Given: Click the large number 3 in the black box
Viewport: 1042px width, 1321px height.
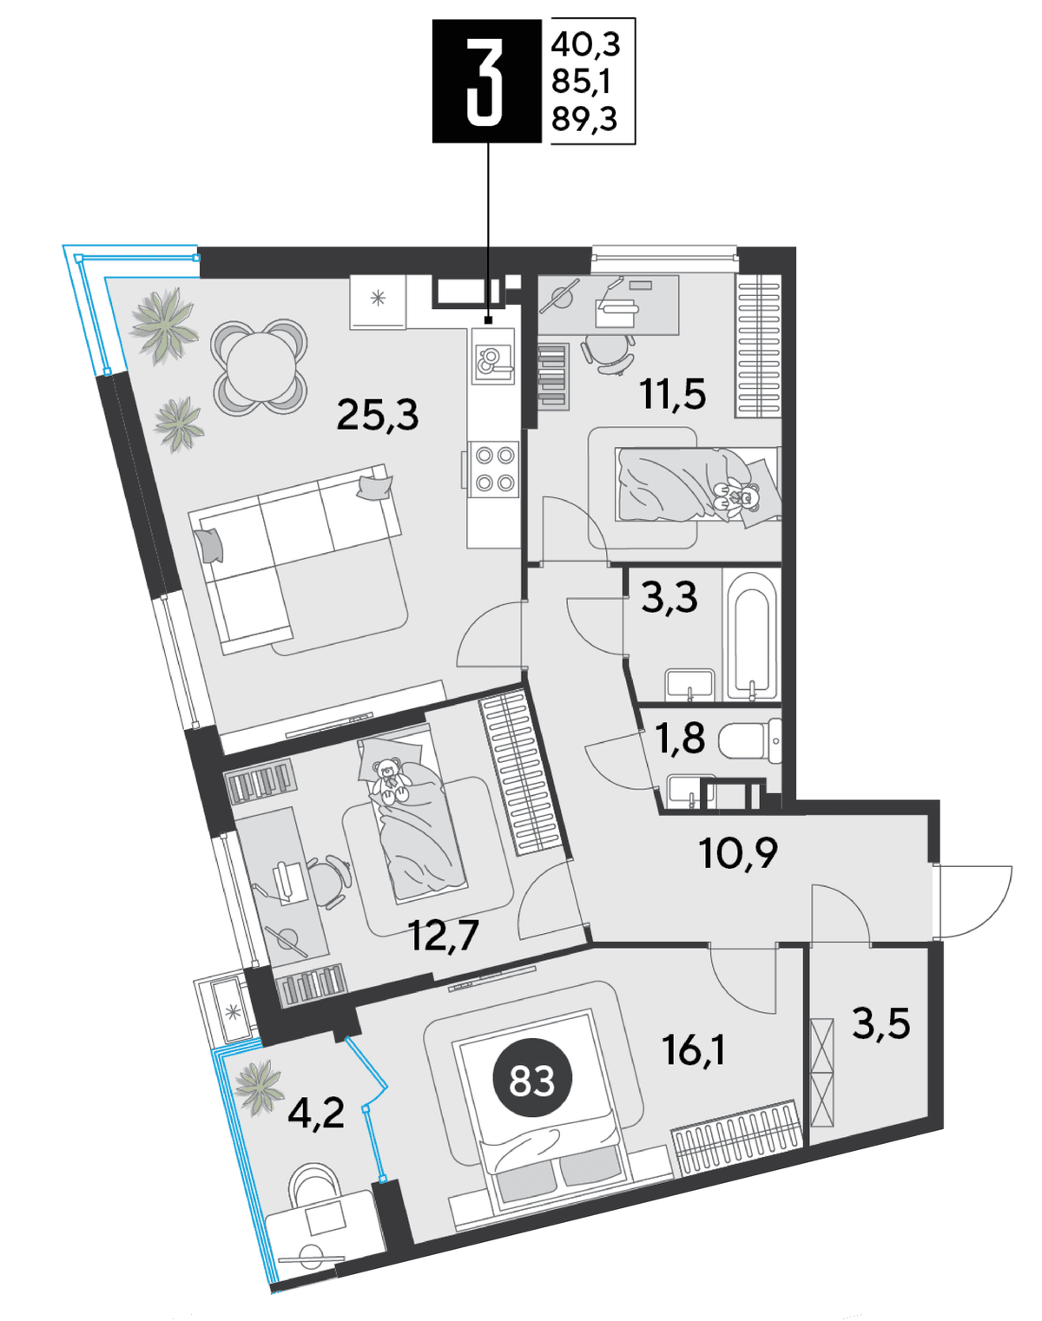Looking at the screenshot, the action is coord(485,81).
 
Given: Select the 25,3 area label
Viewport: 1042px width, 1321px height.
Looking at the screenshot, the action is coord(378,414).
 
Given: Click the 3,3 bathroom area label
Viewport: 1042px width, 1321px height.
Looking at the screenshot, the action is coord(669,597).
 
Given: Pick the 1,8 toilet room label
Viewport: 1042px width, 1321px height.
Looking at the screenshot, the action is coord(681,737).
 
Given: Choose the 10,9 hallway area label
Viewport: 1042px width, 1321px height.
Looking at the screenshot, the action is coord(738,852).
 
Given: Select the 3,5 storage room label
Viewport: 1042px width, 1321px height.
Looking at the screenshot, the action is coord(881,1023).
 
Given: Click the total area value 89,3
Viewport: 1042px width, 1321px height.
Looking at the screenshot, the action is coord(584,118).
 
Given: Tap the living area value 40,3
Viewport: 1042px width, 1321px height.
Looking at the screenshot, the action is coord(586,44).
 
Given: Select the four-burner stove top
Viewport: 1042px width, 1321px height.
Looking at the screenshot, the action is coord(494,470).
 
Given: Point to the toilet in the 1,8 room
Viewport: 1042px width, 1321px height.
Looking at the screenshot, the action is coord(749,741).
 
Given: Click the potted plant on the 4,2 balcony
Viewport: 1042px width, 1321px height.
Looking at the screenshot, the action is coord(260,1088).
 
